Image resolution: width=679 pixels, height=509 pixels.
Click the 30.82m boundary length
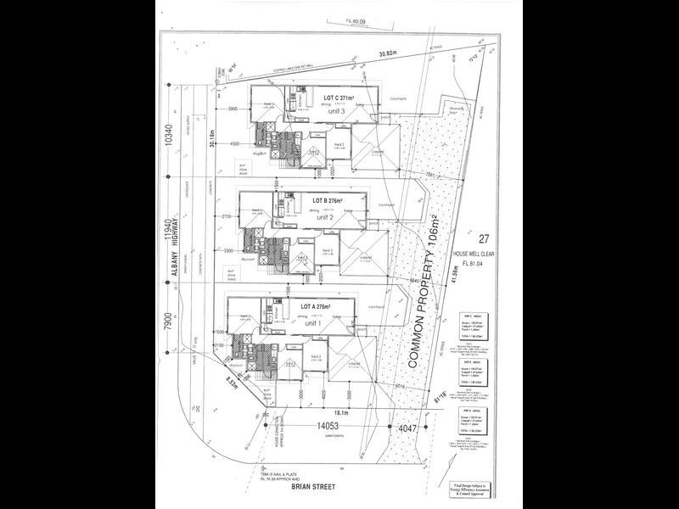(388, 53)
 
